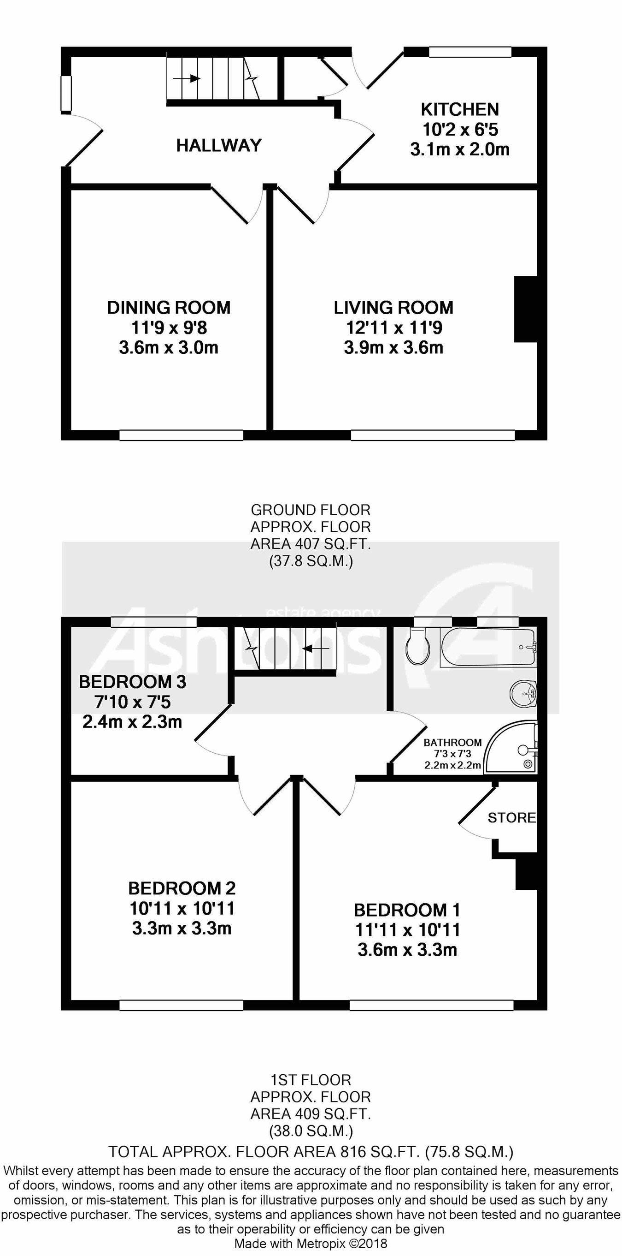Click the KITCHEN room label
tap(460, 109)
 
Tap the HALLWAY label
tap(219, 145)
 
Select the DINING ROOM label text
tap(169, 307)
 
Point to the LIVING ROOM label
tap(393, 307)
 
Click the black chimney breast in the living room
tap(526, 309)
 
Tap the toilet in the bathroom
tap(417, 646)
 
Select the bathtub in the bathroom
tap(488, 647)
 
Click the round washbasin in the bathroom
tap(523, 693)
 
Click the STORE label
tap(511, 818)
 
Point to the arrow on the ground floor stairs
tap(187, 78)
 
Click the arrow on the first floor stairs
tap(316, 649)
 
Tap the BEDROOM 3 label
tap(133, 682)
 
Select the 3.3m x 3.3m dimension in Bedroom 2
tap(182, 929)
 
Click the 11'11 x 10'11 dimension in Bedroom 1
tap(408, 930)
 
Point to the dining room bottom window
tap(181, 435)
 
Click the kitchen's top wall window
tap(470, 52)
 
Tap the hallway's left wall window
tap(66, 93)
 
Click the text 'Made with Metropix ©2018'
tap(311, 1244)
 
